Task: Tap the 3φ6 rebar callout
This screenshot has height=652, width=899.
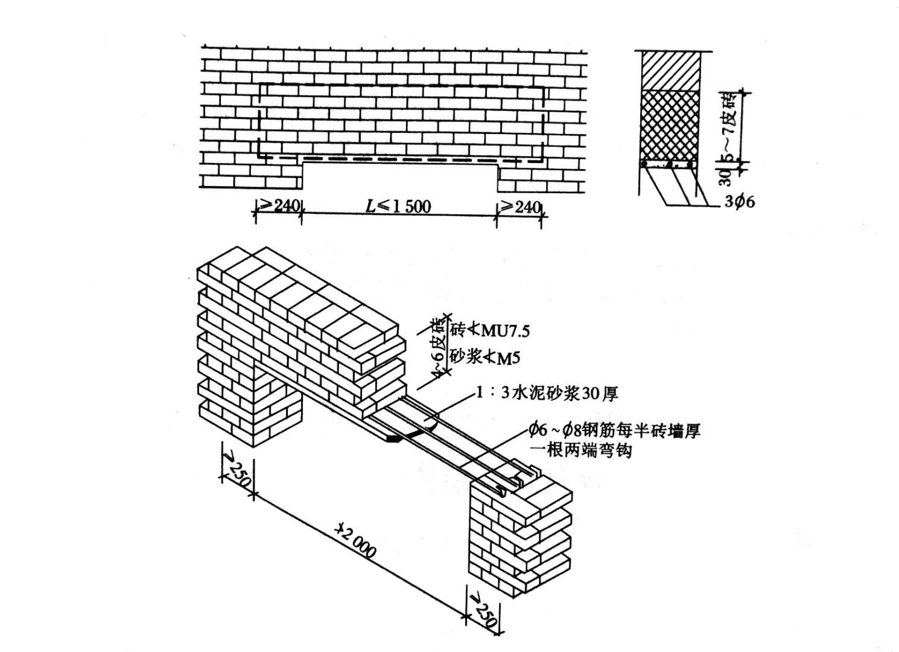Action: (x=740, y=202)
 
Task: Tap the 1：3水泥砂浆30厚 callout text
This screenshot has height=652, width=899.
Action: (x=547, y=394)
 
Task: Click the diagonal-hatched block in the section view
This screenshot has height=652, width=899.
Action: (x=670, y=71)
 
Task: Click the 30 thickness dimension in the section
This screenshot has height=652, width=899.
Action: (x=726, y=176)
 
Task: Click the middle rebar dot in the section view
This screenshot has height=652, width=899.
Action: (x=670, y=164)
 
